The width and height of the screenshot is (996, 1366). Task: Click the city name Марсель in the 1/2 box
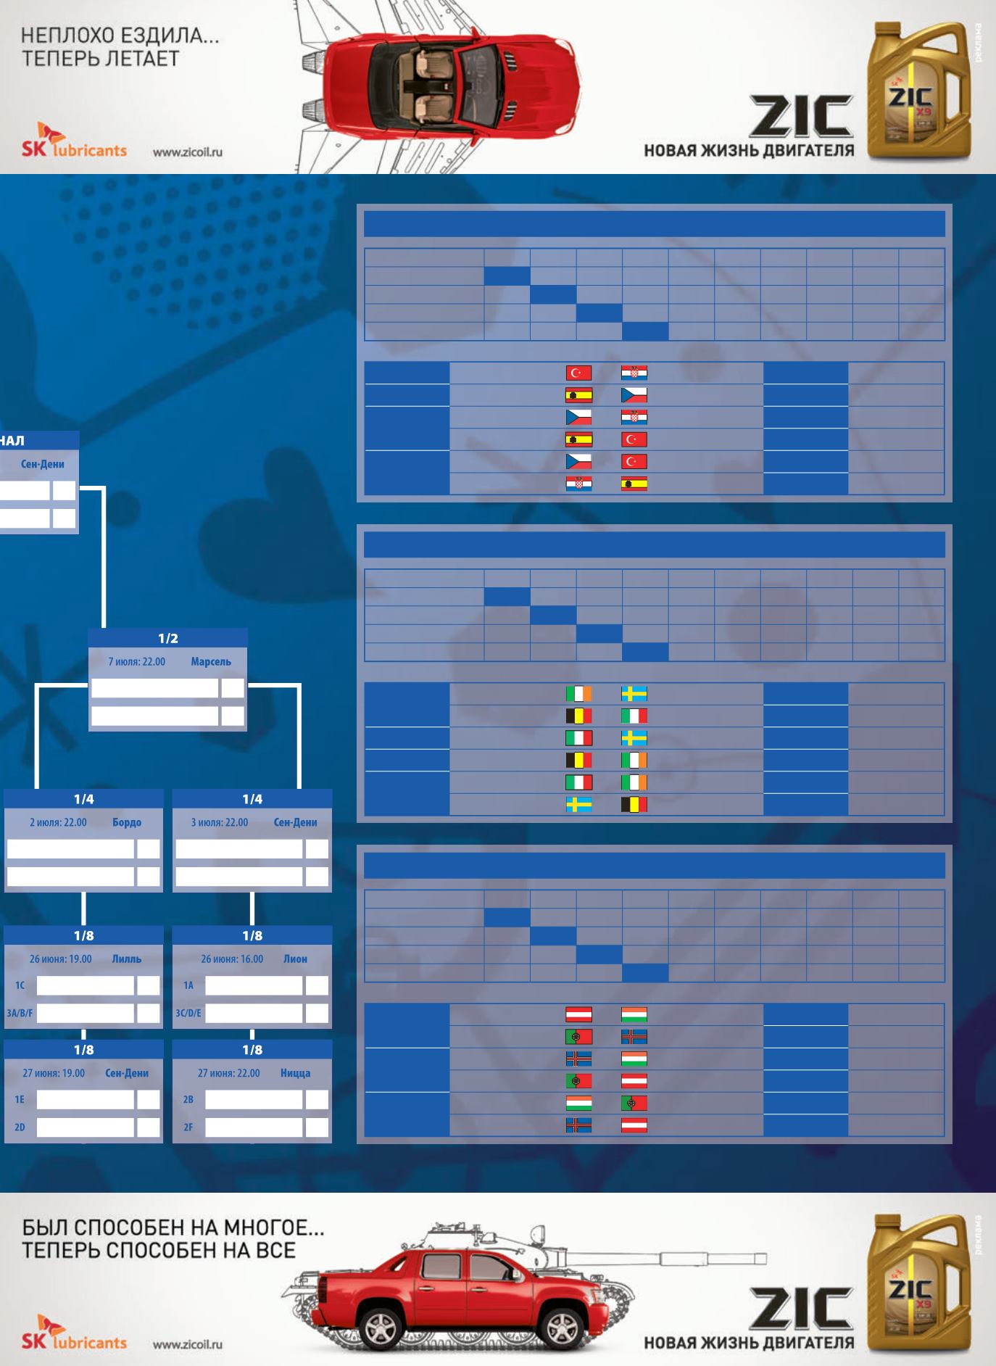tap(211, 661)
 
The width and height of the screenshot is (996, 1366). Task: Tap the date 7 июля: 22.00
tap(136, 661)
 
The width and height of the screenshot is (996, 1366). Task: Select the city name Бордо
tap(127, 822)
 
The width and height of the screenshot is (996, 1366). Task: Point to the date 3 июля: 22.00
tap(219, 822)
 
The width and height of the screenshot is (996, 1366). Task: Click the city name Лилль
tap(127, 959)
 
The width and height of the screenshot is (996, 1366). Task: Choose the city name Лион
tap(295, 959)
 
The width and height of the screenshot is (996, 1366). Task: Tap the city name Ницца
tap(295, 1073)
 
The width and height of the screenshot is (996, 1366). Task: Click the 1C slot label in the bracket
tap(20, 985)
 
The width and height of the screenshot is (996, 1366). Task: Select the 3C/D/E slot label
tap(188, 1013)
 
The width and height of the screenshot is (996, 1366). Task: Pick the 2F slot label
tap(188, 1127)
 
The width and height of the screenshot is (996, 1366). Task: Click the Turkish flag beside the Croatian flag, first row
tap(578, 373)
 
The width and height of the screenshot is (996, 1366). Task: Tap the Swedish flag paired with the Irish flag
tap(634, 694)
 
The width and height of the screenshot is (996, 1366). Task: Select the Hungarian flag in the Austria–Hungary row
tap(634, 1015)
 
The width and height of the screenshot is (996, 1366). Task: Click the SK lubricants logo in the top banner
tap(74, 141)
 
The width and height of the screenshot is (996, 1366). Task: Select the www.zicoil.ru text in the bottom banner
tap(188, 1344)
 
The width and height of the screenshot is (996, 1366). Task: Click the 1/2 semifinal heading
tap(167, 638)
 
